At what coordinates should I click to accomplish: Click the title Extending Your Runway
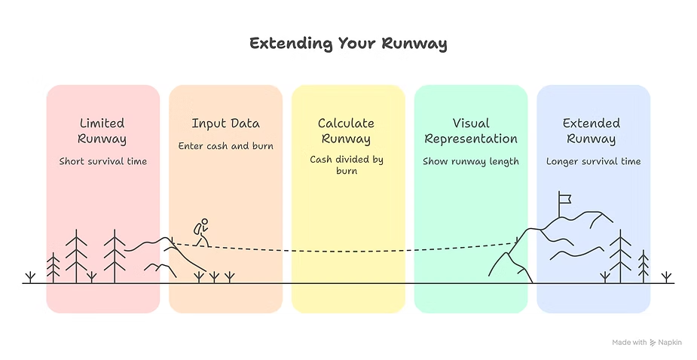(x=348, y=44)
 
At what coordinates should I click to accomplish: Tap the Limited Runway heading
(x=102, y=131)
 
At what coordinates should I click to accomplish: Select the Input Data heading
(x=225, y=124)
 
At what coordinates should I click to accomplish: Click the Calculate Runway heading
(x=347, y=131)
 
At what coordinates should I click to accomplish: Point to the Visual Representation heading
(x=471, y=131)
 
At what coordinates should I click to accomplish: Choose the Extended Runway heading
(x=592, y=131)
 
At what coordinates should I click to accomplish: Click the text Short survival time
(x=102, y=161)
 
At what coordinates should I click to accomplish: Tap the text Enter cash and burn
(x=225, y=145)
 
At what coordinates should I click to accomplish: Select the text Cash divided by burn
(x=347, y=165)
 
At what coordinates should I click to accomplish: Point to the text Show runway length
(x=471, y=161)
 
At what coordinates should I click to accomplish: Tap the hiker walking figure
(x=201, y=232)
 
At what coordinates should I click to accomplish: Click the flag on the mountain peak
(x=564, y=199)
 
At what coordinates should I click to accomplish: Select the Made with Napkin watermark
(x=647, y=342)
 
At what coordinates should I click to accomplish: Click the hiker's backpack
(x=197, y=228)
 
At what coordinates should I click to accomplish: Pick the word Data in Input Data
(x=244, y=124)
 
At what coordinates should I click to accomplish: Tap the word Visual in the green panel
(x=471, y=124)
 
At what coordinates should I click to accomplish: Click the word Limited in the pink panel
(x=102, y=124)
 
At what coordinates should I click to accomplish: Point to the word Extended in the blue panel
(x=592, y=124)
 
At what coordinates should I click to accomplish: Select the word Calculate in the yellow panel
(x=347, y=124)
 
